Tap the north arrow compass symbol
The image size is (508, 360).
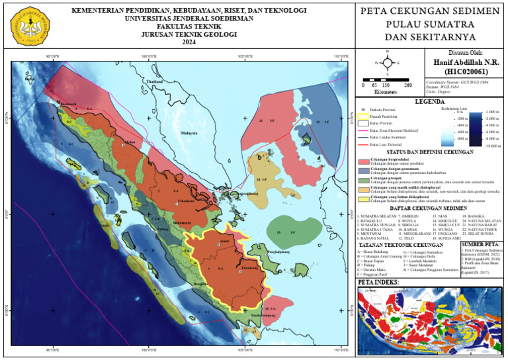[x=386, y=64]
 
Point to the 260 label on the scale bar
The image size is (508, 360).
[x=408, y=85]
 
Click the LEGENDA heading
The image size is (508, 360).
[x=429, y=102]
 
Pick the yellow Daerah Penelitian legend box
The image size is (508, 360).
[x=362, y=116]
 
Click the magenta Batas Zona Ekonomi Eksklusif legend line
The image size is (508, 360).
[x=362, y=130]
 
